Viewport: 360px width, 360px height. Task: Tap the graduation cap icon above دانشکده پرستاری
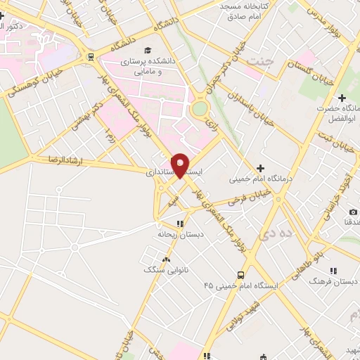148,50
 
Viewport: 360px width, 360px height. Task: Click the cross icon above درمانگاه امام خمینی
260,167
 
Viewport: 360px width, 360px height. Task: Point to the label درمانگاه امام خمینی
262,179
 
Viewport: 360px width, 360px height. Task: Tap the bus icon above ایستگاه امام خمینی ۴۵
241,274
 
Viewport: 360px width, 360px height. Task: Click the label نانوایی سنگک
164,269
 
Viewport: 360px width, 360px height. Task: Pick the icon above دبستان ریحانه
180,224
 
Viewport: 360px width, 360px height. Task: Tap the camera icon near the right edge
353,212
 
